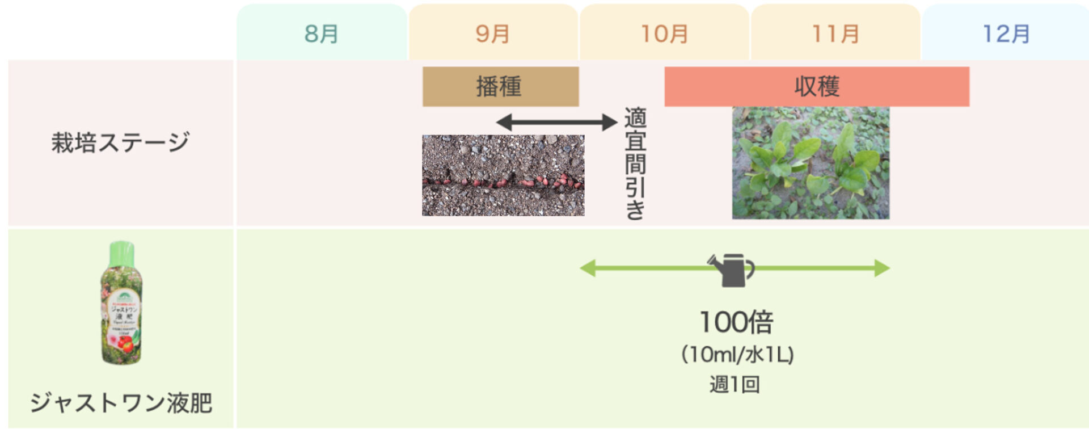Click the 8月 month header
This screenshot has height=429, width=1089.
[x=322, y=33]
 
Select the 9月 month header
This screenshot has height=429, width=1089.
[x=493, y=33]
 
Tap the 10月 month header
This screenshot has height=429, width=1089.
[x=664, y=33]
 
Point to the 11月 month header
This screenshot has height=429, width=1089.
[x=835, y=33]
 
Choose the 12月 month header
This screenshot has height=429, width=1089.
[x=1006, y=33]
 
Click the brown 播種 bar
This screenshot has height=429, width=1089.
[x=500, y=86]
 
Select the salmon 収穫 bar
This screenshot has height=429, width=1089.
[x=816, y=86]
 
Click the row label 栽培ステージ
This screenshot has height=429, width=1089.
[x=120, y=142]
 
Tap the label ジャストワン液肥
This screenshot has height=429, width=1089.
[x=121, y=402]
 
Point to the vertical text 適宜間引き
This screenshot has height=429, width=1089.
[x=635, y=163]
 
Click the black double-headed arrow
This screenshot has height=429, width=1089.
[x=556, y=121]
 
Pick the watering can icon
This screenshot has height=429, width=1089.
[x=732, y=269]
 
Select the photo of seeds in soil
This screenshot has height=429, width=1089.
[x=503, y=175]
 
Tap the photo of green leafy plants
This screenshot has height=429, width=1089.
[x=811, y=163]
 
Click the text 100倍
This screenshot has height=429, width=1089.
[x=736, y=322]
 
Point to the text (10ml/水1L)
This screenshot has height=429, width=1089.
[x=737, y=355]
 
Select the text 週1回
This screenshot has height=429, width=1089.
[x=735, y=384]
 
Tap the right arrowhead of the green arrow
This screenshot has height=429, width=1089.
[x=881, y=268]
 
